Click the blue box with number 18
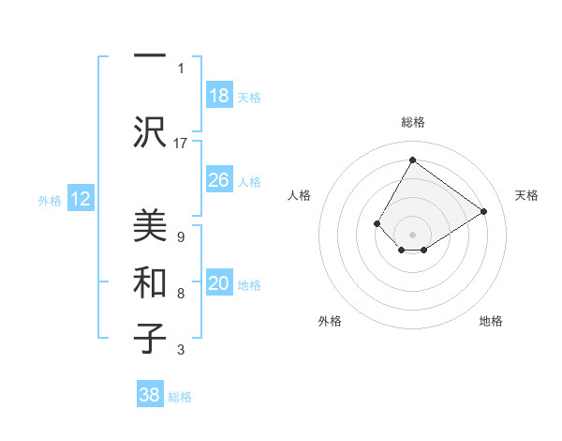coord(218,96)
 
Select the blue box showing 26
coord(218,180)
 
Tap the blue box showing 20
coord(218,283)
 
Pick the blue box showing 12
coord(80,199)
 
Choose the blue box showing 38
coord(150,396)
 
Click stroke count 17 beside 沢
coord(181,143)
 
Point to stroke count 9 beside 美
coord(180,236)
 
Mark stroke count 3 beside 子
coord(180,350)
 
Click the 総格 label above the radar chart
coord(412,122)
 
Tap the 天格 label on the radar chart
coord(526,195)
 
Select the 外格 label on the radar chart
coord(329,321)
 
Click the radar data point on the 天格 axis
coord(483,212)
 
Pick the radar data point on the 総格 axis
coord(412,160)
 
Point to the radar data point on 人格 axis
coord(377,223)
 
